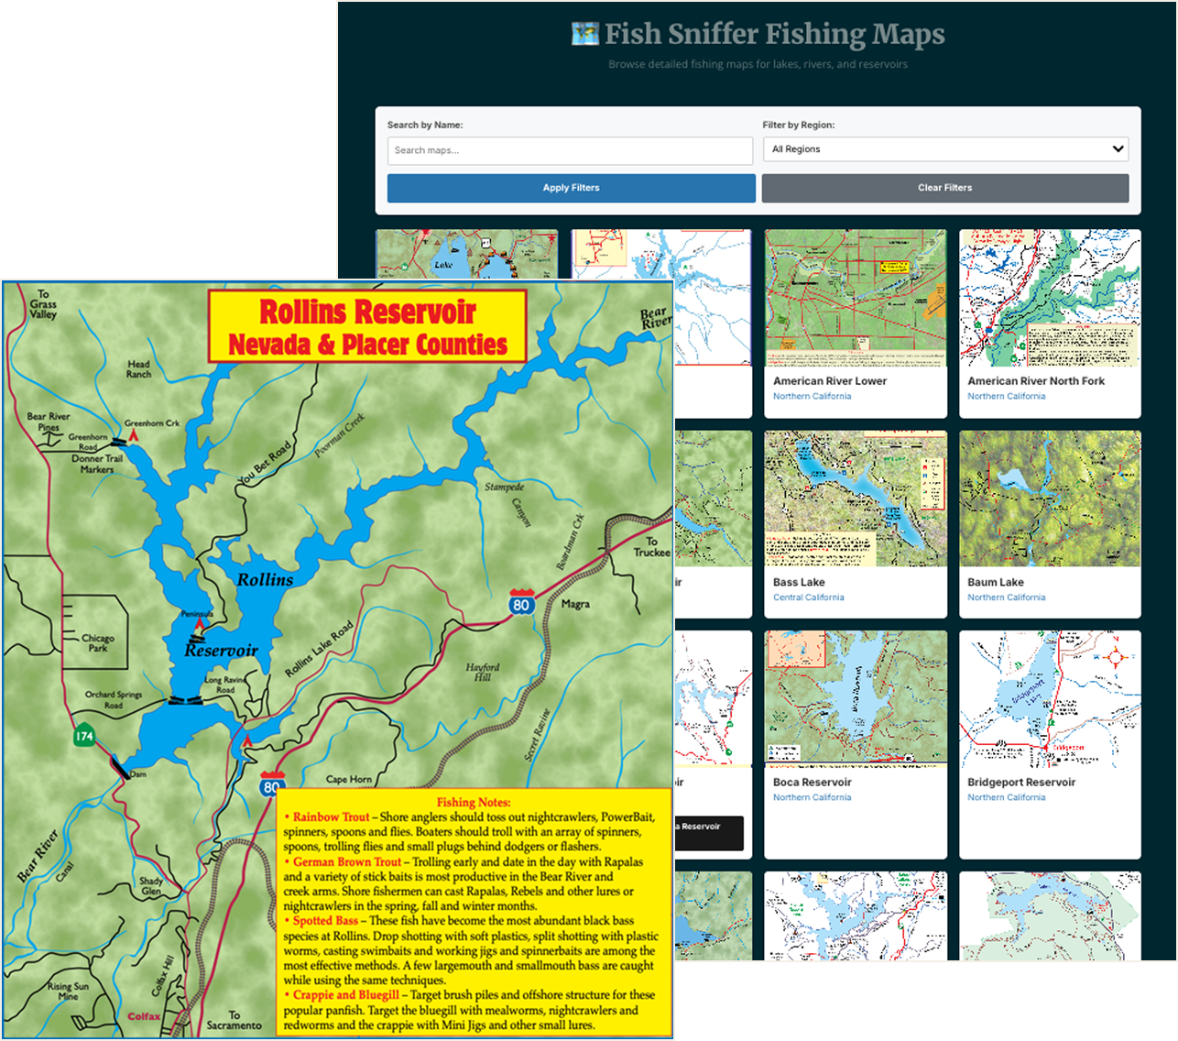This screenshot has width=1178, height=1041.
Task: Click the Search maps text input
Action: tap(570, 150)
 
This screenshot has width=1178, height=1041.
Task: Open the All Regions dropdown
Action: tap(945, 149)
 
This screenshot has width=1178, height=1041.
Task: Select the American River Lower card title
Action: tap(830, 381)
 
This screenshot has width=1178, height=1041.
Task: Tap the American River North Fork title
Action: tap(1036, 381)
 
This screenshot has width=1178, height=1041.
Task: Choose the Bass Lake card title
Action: tap(799, 583)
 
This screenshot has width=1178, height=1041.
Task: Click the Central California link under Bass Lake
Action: tap(809, 597)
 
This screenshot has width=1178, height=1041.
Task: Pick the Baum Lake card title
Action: tap(996, 583)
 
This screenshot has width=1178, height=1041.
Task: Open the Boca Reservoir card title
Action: tap(813, 783)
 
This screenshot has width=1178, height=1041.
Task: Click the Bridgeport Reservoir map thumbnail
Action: tap(1050, 697)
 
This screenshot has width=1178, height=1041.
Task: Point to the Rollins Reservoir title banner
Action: tap(367, 327)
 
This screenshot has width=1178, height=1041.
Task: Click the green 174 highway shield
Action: tap(84, 736)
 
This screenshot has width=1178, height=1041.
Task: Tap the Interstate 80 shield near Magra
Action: tap(522, 603)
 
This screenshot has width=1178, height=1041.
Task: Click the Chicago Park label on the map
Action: tap(98, 642)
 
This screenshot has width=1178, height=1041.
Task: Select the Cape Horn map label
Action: tap(349, 780)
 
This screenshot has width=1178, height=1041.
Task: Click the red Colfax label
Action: tap(144, 1016)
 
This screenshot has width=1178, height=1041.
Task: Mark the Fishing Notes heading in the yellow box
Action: tap(474, 802)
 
